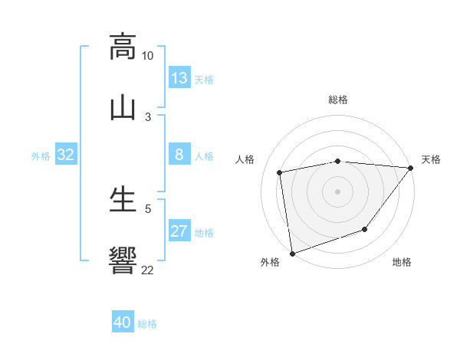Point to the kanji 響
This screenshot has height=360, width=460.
tap(123, 260)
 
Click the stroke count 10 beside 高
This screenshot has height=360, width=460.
tap(147, 56)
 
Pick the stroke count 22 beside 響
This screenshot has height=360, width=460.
tap(147, 270)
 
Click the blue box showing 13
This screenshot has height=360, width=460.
tap(179, 78)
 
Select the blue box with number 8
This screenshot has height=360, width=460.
tap(179, 155)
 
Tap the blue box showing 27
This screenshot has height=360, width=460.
tap(179, 231)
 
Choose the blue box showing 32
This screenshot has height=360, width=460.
tap(66, 155)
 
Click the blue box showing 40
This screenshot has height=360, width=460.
tap(123, 322)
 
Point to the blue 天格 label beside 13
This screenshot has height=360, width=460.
tap(204, 79)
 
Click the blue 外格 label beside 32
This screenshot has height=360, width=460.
tap(41, 155)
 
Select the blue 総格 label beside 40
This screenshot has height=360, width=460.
tap(147, 323)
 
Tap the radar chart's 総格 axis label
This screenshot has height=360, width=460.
tap(338, 100)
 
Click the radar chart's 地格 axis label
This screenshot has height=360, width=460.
tap(402, 262)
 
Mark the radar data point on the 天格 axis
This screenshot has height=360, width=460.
tap(410, 168)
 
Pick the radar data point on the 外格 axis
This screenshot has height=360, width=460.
tap(292, 253)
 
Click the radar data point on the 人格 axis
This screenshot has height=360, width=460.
tap(280, 172)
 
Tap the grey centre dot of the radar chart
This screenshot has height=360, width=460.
tap(337, 191)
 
